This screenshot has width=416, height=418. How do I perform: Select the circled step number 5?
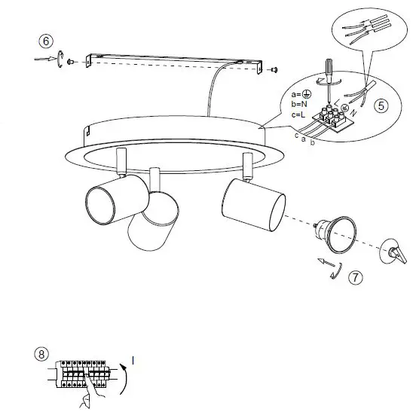pyautogui.click(x=382, y=105)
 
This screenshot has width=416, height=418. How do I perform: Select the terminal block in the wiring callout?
pyautogui.click(x=333, y=119)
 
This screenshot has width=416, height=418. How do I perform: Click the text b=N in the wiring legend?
pyautogui.click(x=298, y=104)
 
